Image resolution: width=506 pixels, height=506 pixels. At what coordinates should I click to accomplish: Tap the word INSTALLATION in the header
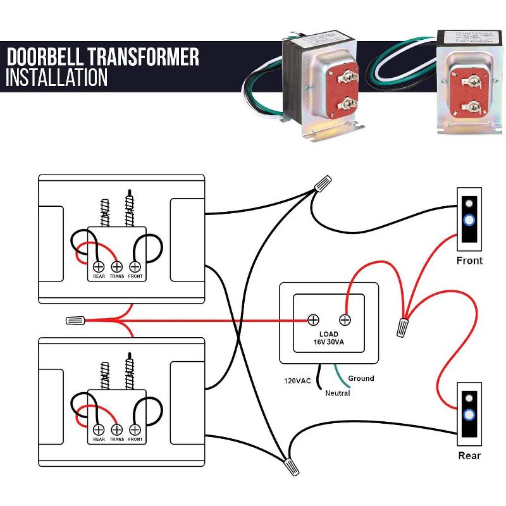point(57,78)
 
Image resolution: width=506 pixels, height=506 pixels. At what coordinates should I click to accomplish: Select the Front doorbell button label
point(469,261)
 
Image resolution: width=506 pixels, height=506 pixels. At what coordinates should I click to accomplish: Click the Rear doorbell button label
point(469,455)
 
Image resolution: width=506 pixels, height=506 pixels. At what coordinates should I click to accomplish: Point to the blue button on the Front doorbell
point(469,221)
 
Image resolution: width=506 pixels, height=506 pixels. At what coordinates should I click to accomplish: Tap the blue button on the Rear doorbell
point(469,416)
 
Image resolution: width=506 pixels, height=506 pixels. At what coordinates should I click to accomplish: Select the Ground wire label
point(361,378)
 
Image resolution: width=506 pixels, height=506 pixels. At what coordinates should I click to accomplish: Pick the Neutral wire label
point(338,393)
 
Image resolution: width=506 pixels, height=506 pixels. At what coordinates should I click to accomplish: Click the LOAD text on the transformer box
point(329,334)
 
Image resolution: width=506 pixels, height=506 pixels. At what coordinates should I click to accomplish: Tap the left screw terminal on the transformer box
point(312,319)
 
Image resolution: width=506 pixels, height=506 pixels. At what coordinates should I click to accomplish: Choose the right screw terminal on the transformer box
point(345,319)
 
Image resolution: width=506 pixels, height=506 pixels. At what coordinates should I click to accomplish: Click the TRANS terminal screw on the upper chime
point(117,266)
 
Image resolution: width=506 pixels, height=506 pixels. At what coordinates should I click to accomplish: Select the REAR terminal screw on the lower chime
point(99,428)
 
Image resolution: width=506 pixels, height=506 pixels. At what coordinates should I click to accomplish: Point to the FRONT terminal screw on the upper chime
point(135,266)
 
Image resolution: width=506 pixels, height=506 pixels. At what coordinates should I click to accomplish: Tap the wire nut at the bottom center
point(291,467)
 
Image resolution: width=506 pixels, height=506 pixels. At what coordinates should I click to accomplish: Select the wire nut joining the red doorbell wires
point(402,327)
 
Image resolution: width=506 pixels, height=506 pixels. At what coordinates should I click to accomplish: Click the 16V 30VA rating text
point(329,342)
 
